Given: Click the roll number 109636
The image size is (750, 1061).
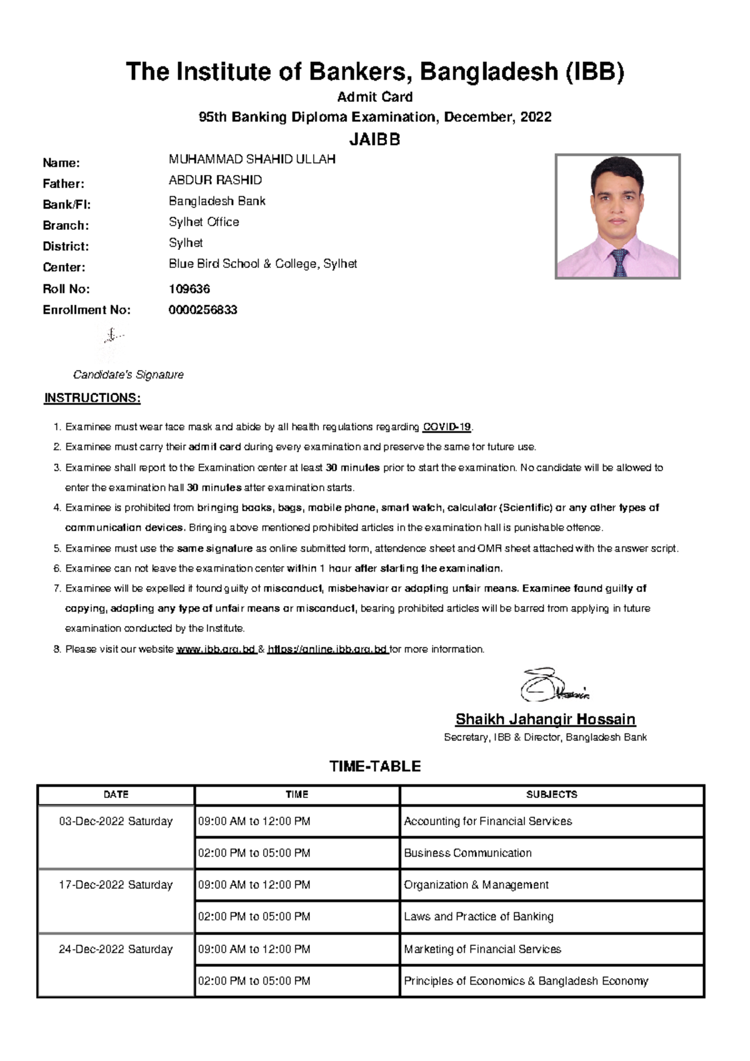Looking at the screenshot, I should [189, 289].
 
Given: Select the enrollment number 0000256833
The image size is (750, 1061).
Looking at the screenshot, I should [202, 310].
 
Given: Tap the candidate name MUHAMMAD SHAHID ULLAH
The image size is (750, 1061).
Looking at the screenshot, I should [252, 159].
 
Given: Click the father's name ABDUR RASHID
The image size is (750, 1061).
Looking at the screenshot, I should [215, 180].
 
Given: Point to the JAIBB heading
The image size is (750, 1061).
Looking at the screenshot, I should [374, 139].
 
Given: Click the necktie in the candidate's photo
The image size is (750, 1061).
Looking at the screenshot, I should [619, 262].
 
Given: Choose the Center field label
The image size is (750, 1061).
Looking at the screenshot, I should [64, 267].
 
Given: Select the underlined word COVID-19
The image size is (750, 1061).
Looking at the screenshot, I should [446, 427].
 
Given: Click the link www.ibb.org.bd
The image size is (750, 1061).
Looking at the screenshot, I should [216, 649].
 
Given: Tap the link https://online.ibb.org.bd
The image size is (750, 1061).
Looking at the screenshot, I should [327, 649].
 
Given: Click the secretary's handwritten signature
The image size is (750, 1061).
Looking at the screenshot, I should [553, 685].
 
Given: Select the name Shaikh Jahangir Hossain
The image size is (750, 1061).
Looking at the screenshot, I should [545, 719].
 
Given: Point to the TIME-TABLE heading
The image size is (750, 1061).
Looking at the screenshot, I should [374, 766].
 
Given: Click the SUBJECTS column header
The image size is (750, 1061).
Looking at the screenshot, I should [551, 794].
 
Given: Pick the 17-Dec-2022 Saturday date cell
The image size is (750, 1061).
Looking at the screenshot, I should [116, 885].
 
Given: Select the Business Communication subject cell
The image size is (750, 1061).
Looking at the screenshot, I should [467, 853].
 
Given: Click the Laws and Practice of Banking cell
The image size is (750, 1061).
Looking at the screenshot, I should [478, 917].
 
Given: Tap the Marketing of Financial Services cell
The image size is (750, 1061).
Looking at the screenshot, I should [482, 949].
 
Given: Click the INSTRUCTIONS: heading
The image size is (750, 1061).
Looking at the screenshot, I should [92, 398].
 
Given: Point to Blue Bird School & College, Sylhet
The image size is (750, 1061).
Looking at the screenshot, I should [262, 264].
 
